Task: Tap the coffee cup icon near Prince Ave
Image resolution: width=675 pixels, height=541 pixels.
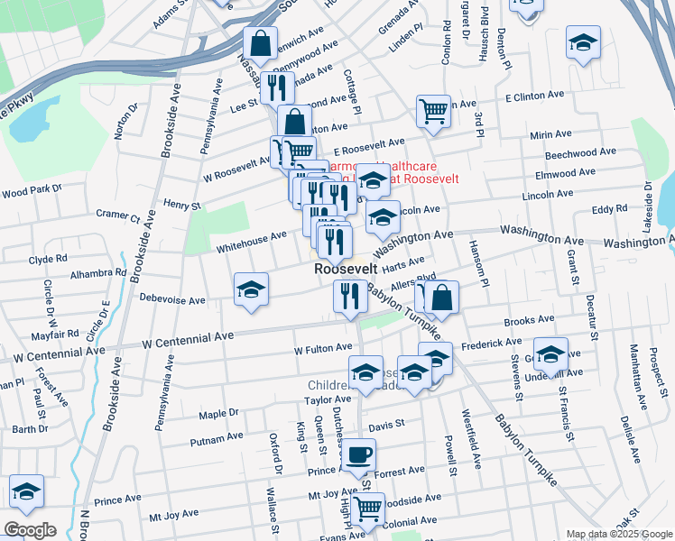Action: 358,454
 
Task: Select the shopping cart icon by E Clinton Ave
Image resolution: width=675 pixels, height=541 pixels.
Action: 433,111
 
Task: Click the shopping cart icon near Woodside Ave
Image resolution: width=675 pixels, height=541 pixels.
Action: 367,509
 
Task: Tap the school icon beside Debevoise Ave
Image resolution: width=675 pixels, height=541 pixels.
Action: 252,289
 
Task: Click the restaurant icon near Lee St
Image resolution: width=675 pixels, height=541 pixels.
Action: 277,87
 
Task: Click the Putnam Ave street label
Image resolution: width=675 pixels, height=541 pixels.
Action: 217,439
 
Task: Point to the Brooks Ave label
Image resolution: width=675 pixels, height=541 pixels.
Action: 529,320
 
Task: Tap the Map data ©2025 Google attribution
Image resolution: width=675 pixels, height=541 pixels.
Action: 619,534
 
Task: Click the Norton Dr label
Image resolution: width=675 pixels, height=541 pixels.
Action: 127,122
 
